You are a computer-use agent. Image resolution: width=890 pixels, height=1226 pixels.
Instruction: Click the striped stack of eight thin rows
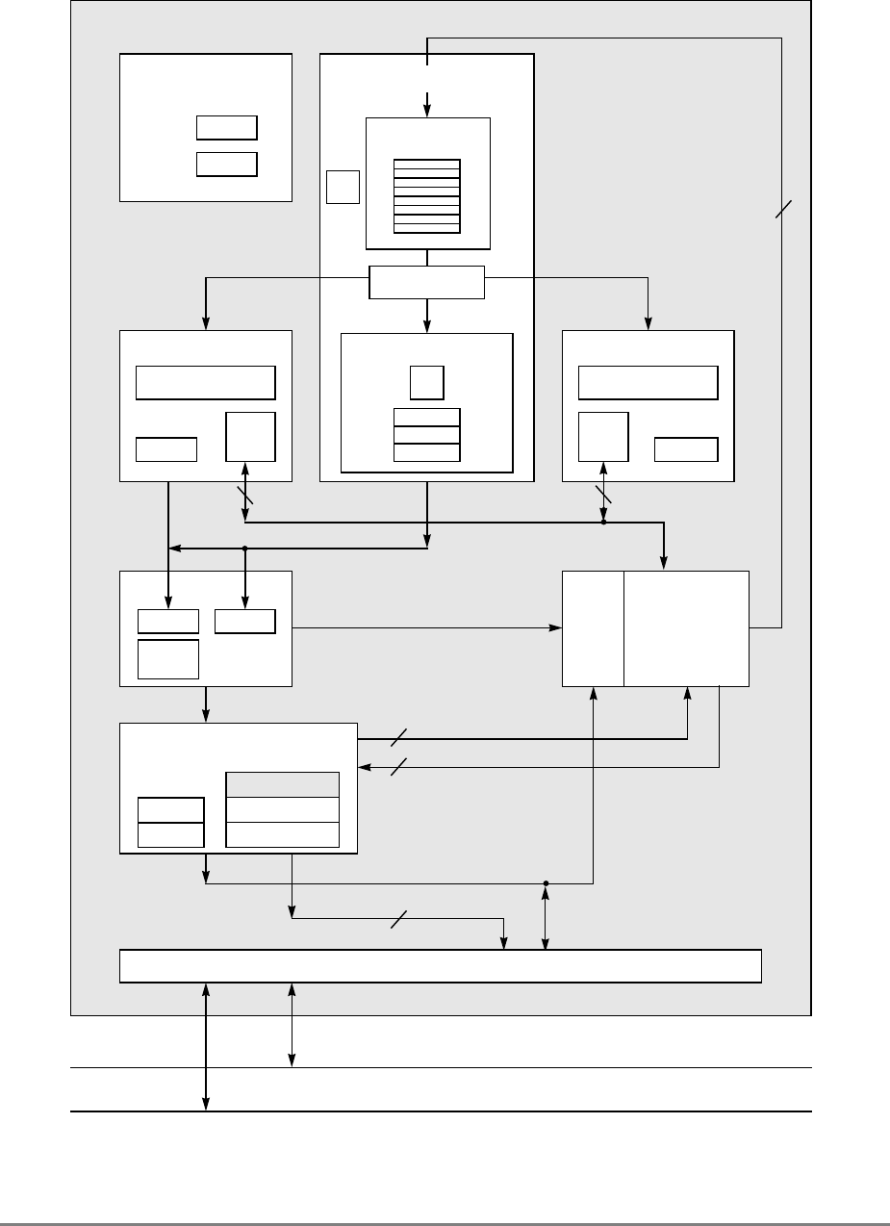(x=427, y=195)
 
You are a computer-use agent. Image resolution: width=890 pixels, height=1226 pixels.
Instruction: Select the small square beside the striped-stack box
(x=342, y=187)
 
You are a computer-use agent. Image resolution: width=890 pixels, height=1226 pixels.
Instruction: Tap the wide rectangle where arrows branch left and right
(x=427, y=282)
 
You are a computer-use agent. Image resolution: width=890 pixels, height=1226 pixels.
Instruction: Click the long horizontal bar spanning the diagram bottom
(x=441, y=965)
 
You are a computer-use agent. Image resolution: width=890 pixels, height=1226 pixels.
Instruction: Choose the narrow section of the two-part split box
(x=593, y=627)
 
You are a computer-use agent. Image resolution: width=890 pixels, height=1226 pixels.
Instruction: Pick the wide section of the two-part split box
(x=686, y=627)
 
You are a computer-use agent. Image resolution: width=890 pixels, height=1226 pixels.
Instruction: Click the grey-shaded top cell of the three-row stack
(x=282, y=784)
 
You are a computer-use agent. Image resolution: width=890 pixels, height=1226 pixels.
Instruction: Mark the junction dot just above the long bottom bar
(x=546, y=882)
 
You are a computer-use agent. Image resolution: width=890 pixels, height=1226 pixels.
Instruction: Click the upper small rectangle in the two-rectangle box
(x=226, y=128)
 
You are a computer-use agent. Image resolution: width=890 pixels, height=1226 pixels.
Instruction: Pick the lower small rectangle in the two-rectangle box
(x=226, y=164)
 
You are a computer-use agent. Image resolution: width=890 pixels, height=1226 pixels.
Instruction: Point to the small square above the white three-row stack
(x=426, y=383)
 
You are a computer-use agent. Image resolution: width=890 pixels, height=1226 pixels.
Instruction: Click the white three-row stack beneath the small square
(x=427, y=435)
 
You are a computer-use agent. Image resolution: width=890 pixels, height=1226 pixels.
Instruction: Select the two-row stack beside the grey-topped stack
(x=171, y=822)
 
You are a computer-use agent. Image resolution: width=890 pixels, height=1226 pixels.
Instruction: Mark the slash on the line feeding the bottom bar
(x=398, y=919)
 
